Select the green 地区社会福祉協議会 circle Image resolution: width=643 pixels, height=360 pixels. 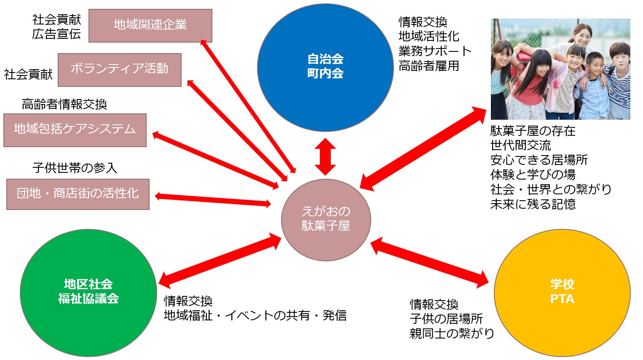[88, 292]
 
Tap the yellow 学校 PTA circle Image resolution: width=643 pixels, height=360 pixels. [562, 292]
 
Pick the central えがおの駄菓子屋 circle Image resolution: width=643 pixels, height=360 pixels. [326, 219]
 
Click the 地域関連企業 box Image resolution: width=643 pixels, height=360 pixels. [150, 25]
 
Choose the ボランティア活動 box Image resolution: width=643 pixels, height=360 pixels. [119, 70]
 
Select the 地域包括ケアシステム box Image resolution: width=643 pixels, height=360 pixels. [75, 130]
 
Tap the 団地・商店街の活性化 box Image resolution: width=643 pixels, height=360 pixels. [78, 194]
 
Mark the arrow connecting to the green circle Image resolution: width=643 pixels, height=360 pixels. [220, 260]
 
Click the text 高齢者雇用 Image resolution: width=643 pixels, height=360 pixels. [429, 66]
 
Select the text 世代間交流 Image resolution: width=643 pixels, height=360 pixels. [520, 145]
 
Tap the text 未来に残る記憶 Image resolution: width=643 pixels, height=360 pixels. [533, 204]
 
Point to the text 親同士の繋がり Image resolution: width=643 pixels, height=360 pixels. [452, 333]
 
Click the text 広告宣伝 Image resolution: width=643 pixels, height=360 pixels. [56, 34]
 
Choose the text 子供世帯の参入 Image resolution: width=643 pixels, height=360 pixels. [75, 168]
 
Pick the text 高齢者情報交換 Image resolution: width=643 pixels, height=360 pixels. [64, 104]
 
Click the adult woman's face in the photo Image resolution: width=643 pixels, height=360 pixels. [582, 36]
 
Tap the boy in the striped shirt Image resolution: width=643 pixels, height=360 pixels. [619, 80]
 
